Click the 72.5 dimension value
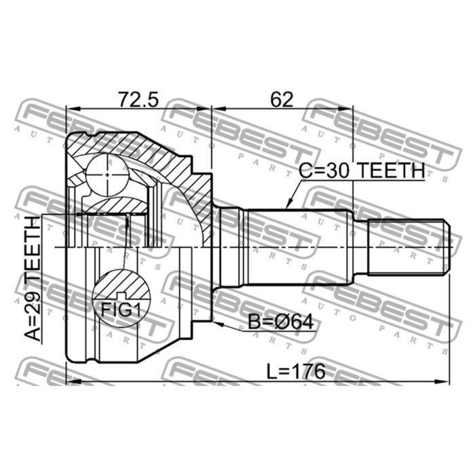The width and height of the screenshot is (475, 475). [138, 100]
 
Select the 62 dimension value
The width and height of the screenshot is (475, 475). [281, 100]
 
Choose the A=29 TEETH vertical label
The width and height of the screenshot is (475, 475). [32, 278]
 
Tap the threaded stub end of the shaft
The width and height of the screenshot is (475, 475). [407, 246]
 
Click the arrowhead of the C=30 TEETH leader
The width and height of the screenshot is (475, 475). [286, 206]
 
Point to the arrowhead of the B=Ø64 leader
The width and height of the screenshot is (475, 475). [216, 323]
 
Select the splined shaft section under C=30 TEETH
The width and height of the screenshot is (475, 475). [299, 246]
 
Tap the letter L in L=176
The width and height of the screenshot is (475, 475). [269, 371]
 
